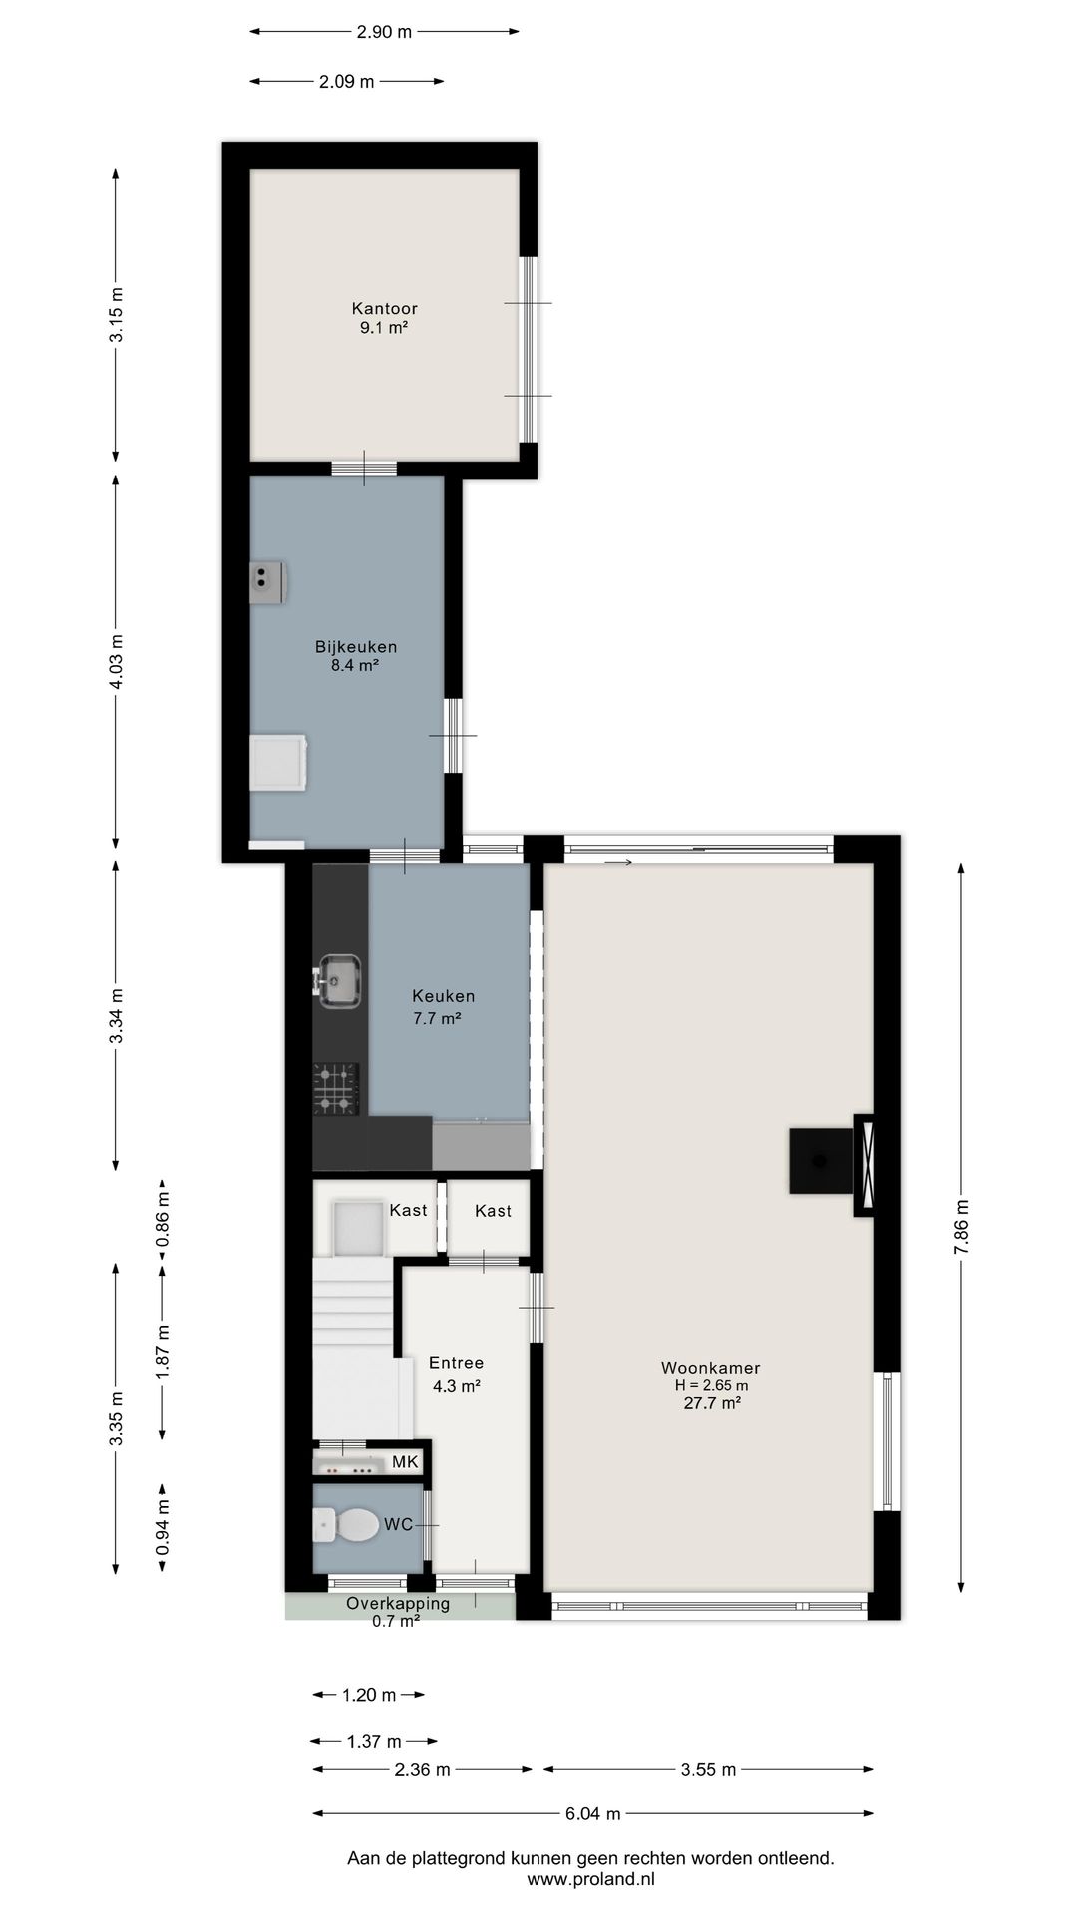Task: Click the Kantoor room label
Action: [384, 309]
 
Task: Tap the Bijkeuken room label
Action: [356, 647]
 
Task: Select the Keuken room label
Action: [444, 996]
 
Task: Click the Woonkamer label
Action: [710, 1368]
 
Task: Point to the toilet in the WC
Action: [346, 1524]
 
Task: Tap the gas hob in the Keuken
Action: [336, 1088]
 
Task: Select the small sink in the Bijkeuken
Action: [266, 582]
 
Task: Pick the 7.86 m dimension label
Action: [961, 1226]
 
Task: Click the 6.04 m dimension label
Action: [593, 1813]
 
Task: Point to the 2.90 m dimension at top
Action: [384, 31]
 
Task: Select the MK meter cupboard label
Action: [405, 1461]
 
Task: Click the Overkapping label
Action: [398, 1604]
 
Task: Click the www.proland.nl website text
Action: [591, 1879]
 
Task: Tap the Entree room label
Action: [457, 1363]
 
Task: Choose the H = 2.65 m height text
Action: [711, 1385]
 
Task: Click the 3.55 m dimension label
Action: [708, 1769]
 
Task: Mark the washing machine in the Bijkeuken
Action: [278, 764]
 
